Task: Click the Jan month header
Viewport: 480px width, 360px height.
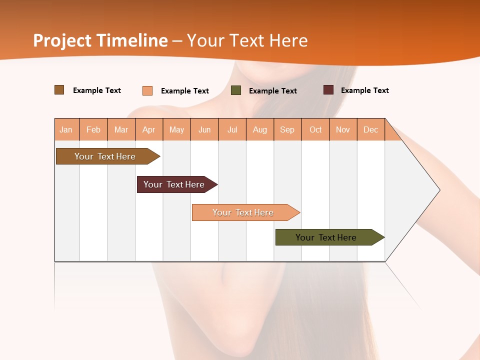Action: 66,129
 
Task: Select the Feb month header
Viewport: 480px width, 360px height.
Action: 93,129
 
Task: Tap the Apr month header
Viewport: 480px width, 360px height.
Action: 148,129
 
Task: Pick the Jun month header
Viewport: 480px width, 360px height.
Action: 204,129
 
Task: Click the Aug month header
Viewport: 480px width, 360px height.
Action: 259,129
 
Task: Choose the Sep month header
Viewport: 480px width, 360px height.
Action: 287,129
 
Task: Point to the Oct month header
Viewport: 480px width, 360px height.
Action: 315,129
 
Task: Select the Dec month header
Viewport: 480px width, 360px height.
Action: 370,129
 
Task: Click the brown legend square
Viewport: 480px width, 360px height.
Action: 59,90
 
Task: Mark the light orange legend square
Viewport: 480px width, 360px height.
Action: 147,90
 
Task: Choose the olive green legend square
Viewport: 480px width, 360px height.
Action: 236,90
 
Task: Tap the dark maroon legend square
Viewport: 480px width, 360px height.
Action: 328,90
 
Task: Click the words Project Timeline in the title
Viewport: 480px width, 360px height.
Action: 100,40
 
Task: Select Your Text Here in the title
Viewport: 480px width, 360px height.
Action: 247,40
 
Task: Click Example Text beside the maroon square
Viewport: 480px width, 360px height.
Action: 364,90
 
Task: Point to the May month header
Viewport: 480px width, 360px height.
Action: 176,129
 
